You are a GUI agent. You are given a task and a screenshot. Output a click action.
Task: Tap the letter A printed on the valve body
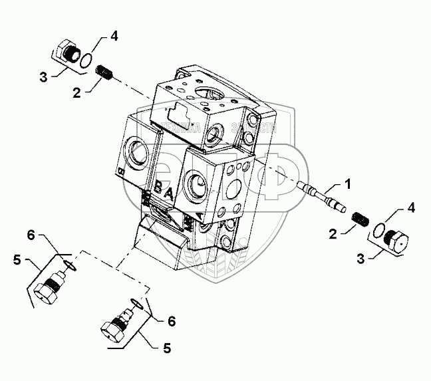(172, 194)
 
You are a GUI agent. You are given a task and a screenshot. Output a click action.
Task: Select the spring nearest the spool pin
(359, 219)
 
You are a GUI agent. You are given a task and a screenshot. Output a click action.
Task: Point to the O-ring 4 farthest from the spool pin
(86, 61)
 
